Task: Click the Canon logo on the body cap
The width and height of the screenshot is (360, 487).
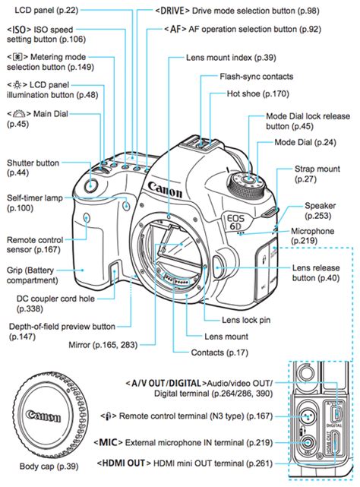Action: click(x=44, y=416)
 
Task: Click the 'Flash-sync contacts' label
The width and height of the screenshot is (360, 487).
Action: click(x=257, y=76)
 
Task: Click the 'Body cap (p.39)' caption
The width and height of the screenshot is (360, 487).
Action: click(x=43, y=463)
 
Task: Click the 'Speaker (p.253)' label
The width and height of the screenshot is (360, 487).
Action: click(x=320, y=210)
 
